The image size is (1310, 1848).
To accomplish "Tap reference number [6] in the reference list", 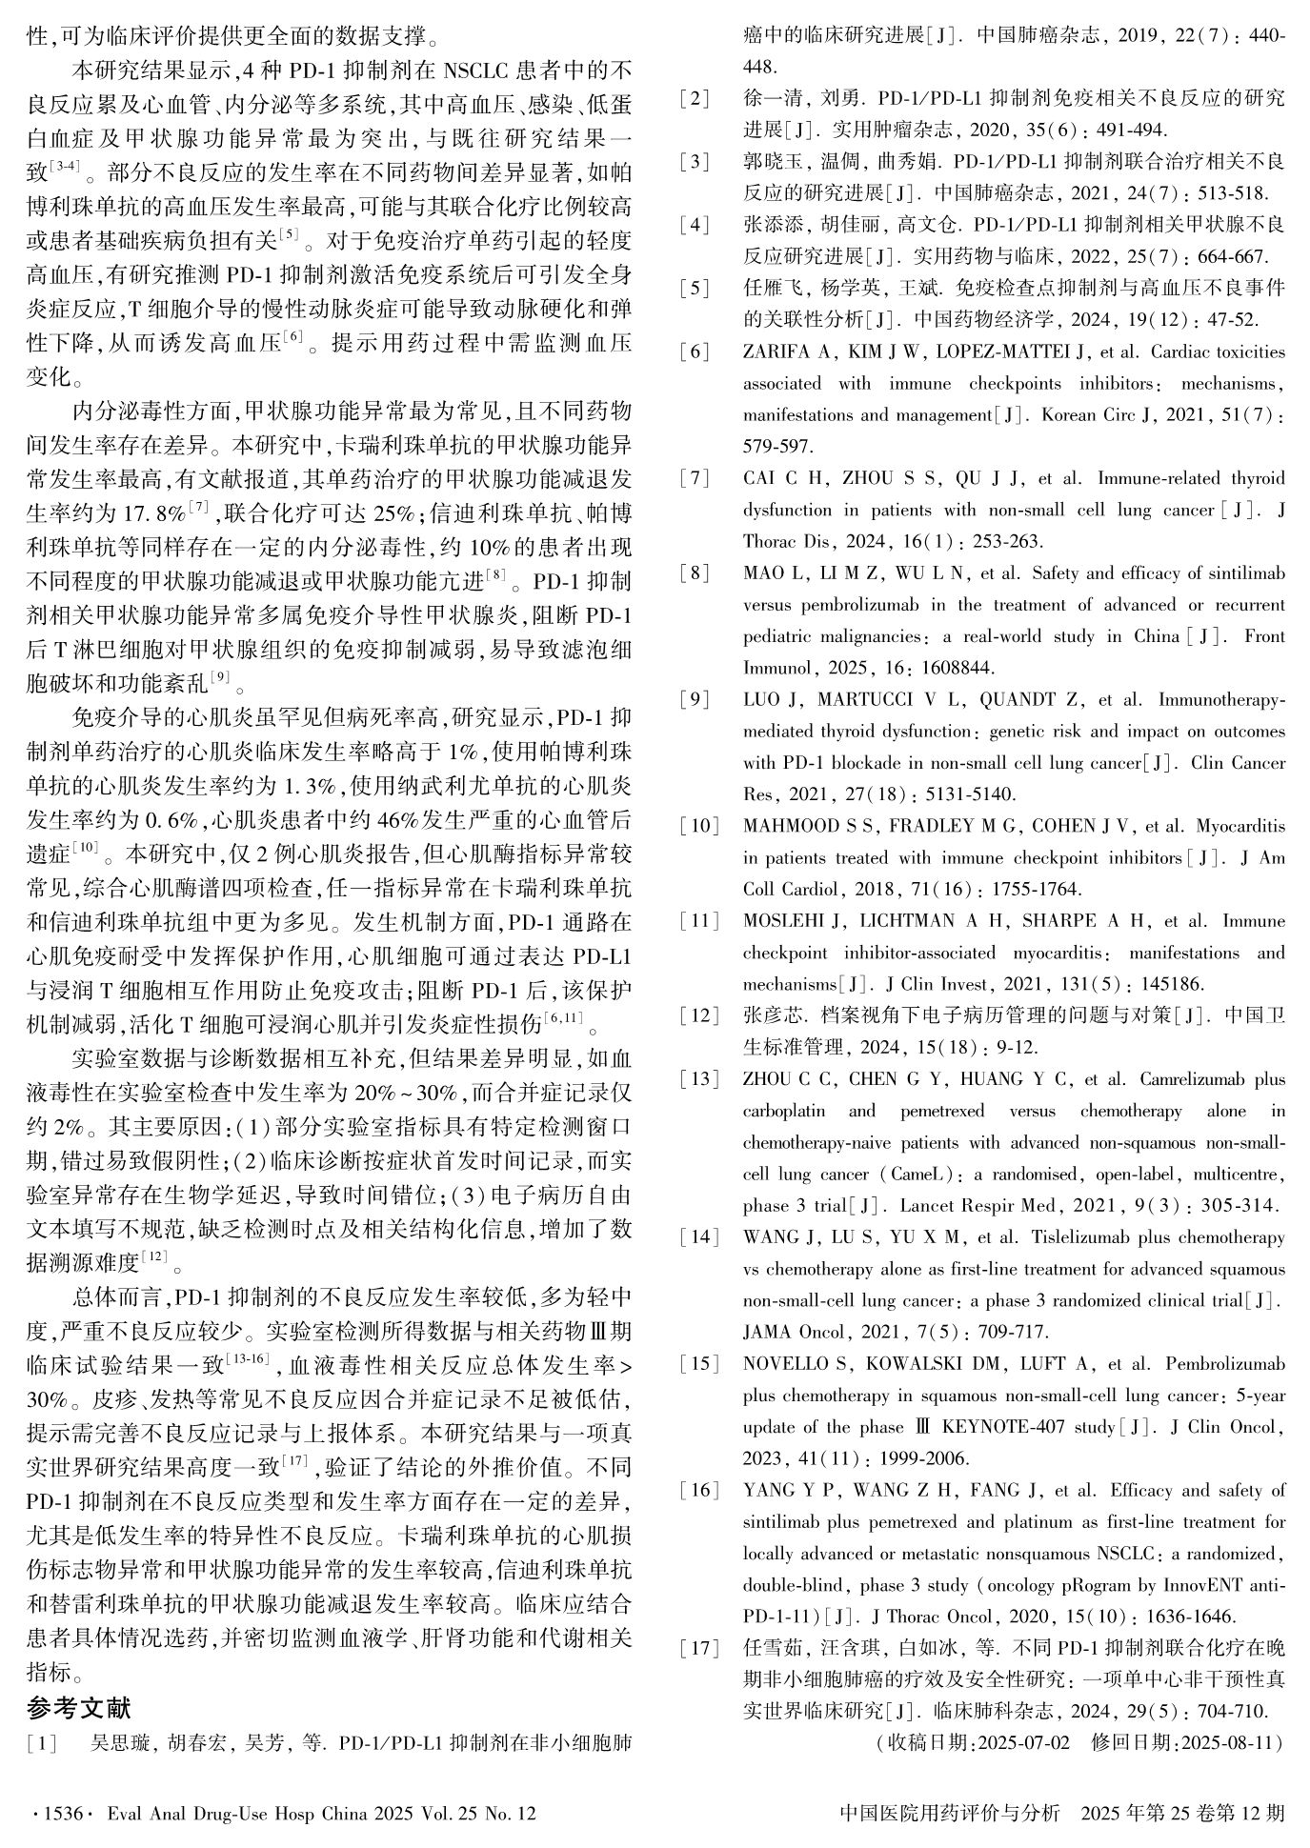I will tap(695, 352).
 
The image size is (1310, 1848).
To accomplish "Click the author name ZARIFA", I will tap(773, 352).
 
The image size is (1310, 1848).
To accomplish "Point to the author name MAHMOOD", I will tap(787, 826).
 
